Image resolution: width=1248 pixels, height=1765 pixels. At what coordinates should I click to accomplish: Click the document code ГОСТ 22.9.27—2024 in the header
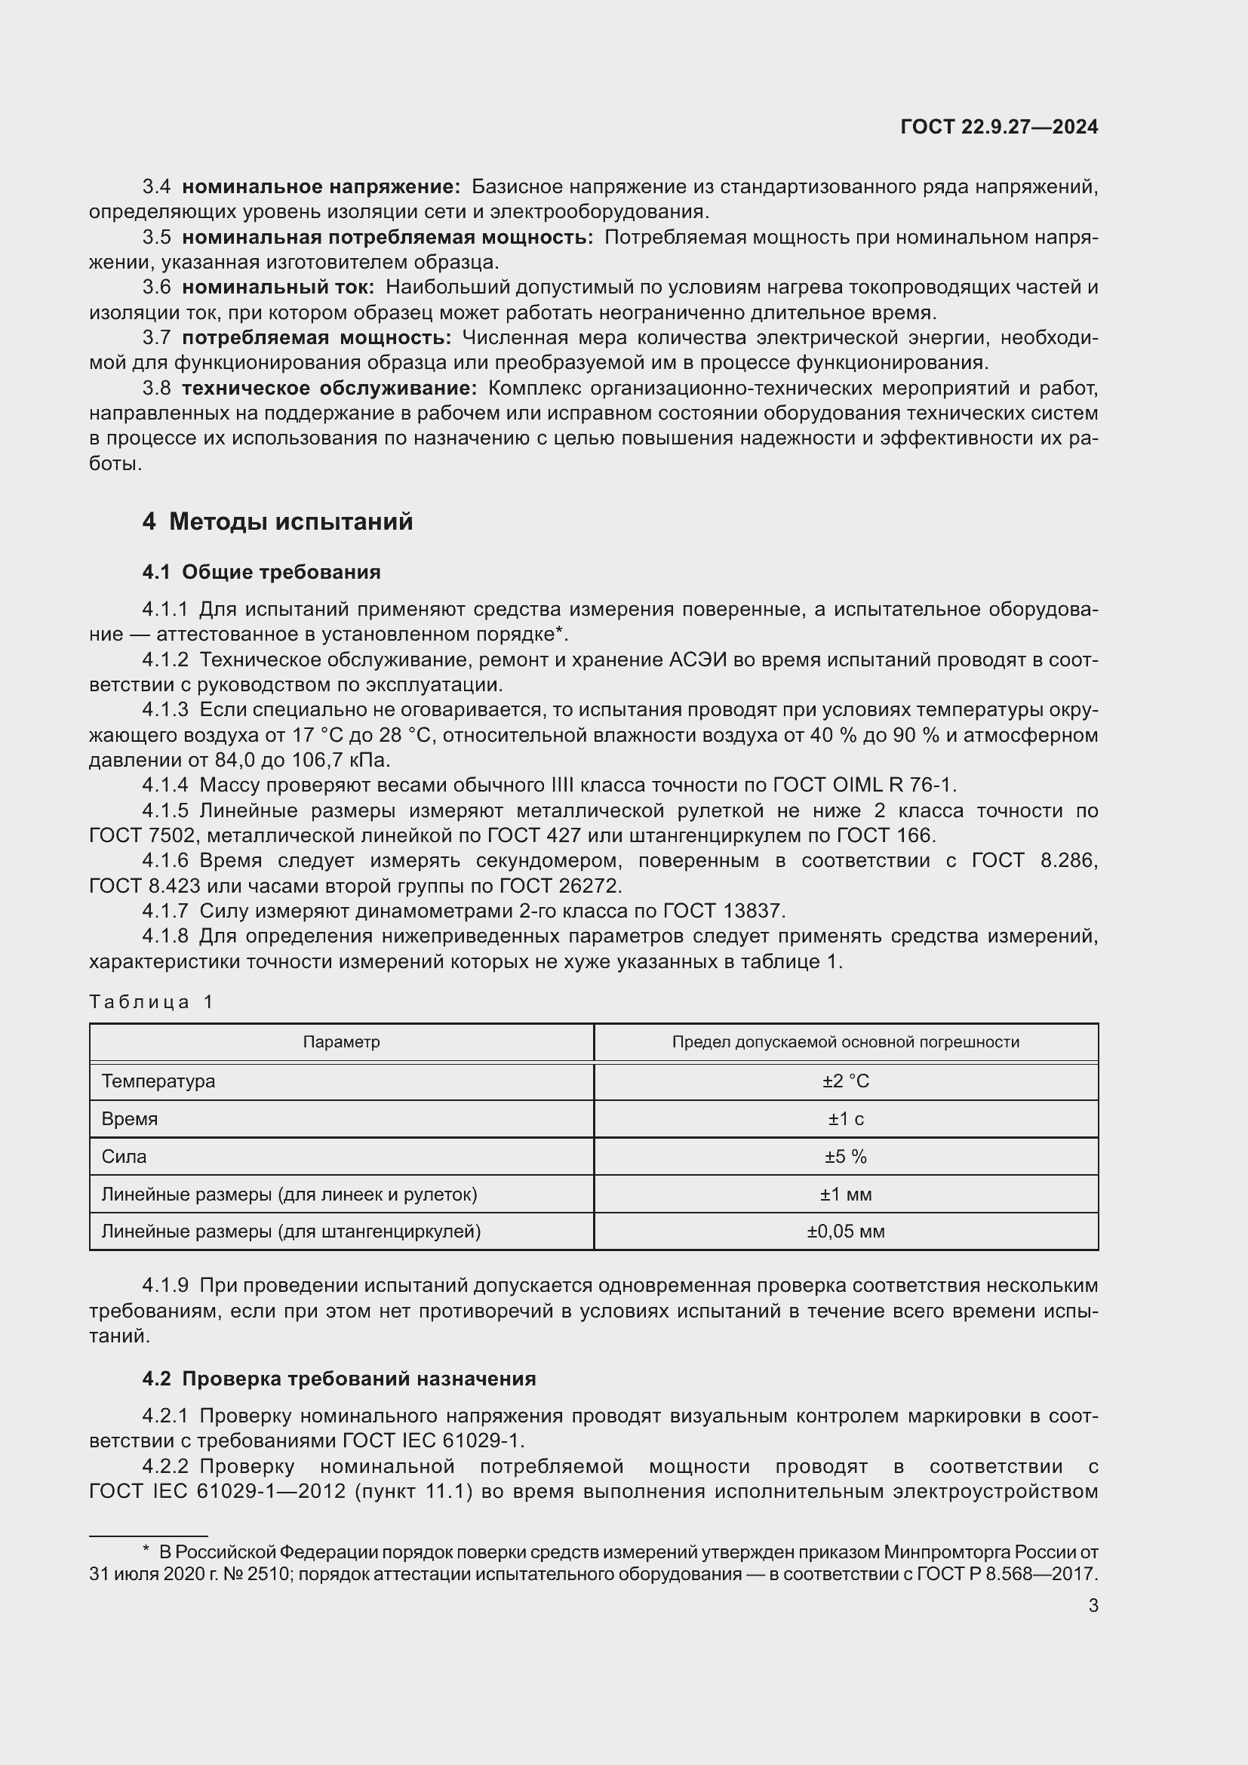[x=998, y=127]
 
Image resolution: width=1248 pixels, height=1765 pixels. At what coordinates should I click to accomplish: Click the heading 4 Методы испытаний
[x=278, y=522]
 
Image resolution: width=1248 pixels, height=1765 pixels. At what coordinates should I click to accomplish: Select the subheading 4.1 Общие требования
[x=261, y=572]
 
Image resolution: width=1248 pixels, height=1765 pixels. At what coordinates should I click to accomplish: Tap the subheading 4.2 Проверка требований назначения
[x=339, y=1379]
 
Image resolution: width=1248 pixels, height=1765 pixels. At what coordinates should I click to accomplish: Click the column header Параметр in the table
[x=341, y=1041]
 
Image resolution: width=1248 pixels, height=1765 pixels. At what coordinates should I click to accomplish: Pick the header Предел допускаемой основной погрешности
[x=845, y=1041]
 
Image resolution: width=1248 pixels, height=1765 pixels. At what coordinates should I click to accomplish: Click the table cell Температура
[x=158, y=1081]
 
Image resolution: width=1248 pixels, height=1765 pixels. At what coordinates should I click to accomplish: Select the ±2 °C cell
[x=845, y=1081]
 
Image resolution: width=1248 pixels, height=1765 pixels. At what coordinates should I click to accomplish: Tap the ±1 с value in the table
[x=845, y=1118]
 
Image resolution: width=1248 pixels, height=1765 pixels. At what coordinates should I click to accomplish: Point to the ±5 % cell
[x=845, y=1156]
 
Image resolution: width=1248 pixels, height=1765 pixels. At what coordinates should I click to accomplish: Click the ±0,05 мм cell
[x=845, y=1231]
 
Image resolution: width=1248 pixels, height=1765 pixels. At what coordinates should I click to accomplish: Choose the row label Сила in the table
[x=124, y=1156]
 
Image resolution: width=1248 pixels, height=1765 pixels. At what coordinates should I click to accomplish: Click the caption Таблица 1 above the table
[x=152, y=1001]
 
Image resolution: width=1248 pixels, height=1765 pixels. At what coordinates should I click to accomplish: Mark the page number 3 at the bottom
[x=1093, y=1605]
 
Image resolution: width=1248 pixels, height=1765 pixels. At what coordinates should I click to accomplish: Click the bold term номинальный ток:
[x=278, y=288]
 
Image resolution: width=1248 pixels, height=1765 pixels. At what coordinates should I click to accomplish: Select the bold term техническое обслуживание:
[x=329, y=388]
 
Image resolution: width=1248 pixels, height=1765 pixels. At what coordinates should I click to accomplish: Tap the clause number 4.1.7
[x=165, y=911]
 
